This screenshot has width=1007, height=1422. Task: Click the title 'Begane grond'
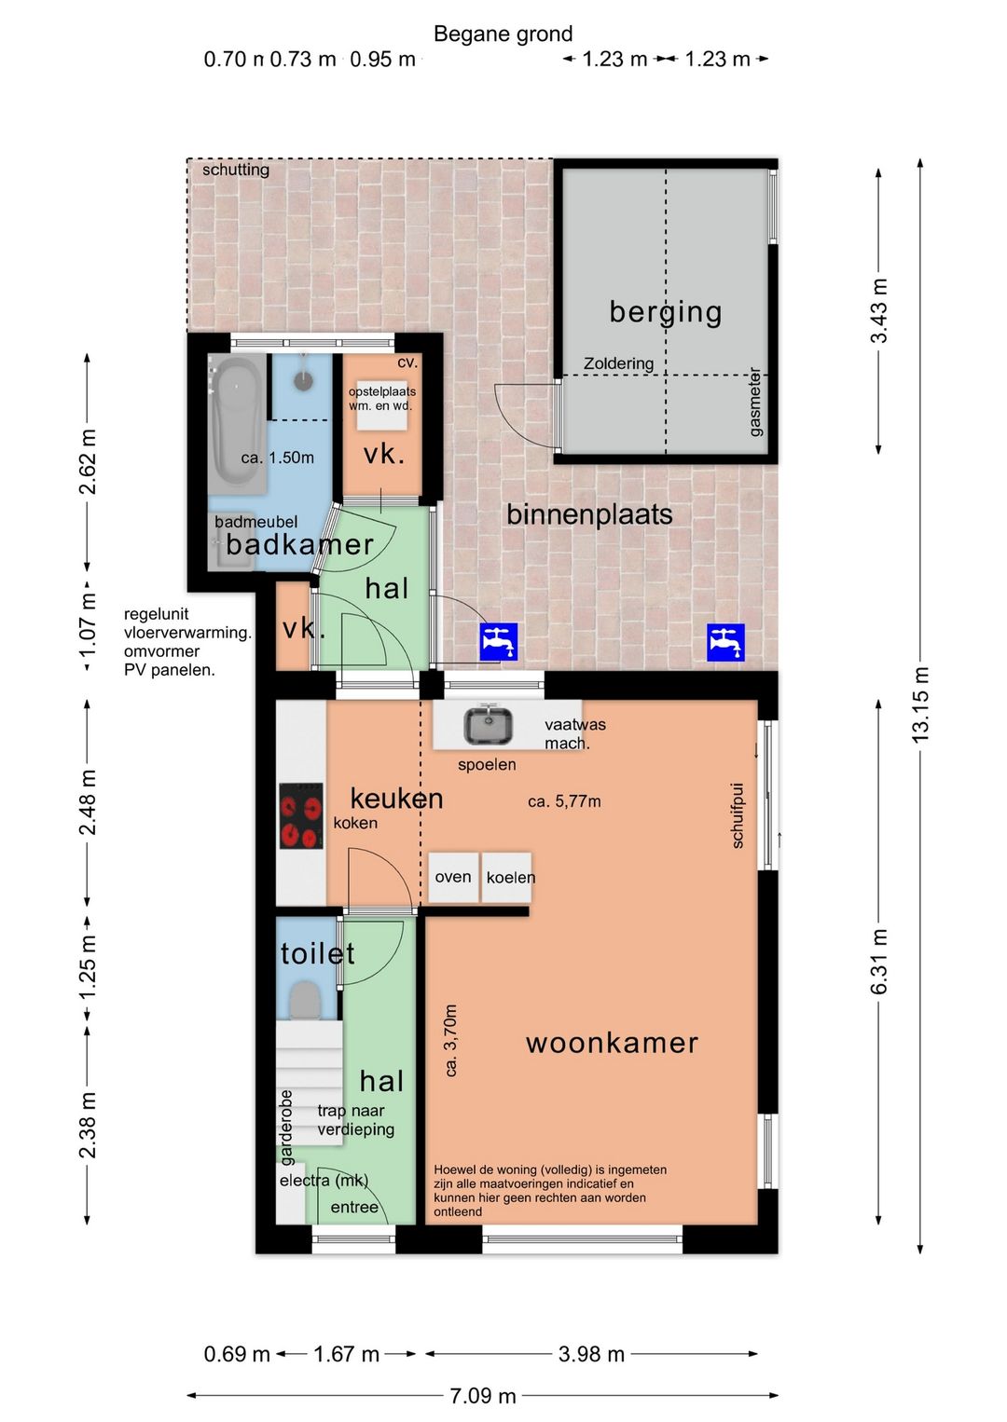(x=503, y=34)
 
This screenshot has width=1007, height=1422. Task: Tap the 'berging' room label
(x=665, y=311)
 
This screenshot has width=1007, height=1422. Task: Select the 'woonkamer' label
(x=612, y=1043)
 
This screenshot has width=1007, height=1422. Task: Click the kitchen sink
(x=488, y=726)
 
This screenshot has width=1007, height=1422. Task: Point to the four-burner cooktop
(x=301, y=815)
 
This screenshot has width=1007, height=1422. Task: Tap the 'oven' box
(x=453, y=877)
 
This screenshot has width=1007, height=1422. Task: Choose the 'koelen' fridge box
(x=507, y=877)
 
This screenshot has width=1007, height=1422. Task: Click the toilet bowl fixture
(x=306, y=1001)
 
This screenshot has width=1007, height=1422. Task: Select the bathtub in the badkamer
(x=237, y=423)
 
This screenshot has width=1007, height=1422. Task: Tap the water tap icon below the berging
(x=725, y=642)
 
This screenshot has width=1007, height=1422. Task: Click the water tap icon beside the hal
(x=499, y=642)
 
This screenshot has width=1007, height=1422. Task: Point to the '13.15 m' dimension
(x=920, y=704)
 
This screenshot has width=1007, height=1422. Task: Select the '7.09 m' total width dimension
(x=483, y=1396)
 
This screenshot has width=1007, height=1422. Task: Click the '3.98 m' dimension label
(x=591, y=1354)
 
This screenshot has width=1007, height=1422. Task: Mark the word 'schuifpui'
(x=737, y=815)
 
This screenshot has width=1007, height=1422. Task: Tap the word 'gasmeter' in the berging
(x=754, y=402)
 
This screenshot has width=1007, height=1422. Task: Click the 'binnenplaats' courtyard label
(x=589, y=514)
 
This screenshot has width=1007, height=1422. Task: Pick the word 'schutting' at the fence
(x=236, y=171)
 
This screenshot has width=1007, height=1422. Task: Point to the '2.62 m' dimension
(x=87, y=461)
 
